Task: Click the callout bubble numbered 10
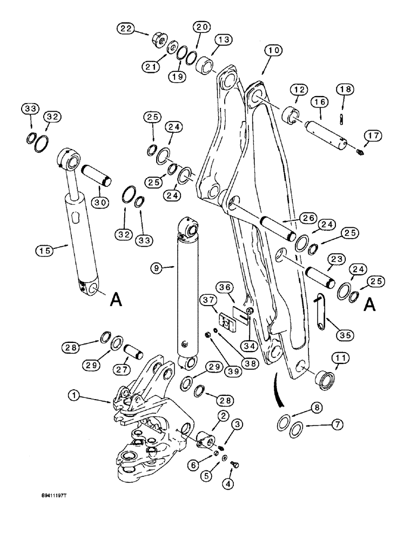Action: pos(273,51)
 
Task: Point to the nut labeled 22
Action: pos(159,39)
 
